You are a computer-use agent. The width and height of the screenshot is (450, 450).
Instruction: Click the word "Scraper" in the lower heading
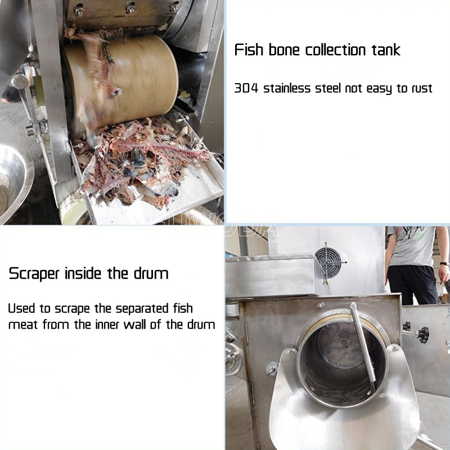coord(34,274)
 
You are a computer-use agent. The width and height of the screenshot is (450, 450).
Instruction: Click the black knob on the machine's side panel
coord(422,335)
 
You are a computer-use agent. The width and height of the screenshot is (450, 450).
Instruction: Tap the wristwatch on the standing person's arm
coord(444,263)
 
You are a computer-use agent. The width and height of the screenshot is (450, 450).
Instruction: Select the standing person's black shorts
coord(412,284)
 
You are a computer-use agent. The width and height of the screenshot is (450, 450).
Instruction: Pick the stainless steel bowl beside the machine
coord(15,184)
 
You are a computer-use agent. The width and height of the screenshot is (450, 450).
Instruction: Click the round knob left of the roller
coord(20,81)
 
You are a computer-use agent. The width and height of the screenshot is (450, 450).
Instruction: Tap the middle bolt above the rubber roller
coord(130,8)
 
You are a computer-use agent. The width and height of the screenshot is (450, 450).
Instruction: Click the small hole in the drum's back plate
coord(344,342)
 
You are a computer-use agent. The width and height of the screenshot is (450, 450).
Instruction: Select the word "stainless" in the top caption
coord(287,88)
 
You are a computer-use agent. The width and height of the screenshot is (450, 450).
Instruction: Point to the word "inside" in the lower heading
coord(83,274)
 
